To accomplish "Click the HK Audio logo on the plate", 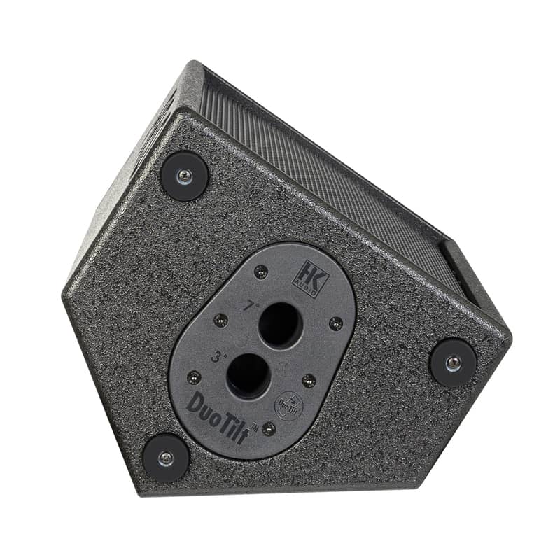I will tap(305, 279).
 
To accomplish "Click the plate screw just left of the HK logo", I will tap(260, 272).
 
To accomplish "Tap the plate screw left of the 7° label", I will tap(220, 320).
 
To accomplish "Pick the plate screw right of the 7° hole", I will tap(336, 323).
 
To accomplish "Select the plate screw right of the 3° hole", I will tap(309, 380).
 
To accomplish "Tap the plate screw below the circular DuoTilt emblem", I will tap(269, 428).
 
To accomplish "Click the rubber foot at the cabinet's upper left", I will tap(184, 176).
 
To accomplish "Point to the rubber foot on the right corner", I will tap(453, 363).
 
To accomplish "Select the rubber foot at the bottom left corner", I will tap(165, 458).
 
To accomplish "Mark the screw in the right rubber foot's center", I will tap(453, 363).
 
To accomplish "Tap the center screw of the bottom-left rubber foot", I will tap(165, 458).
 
